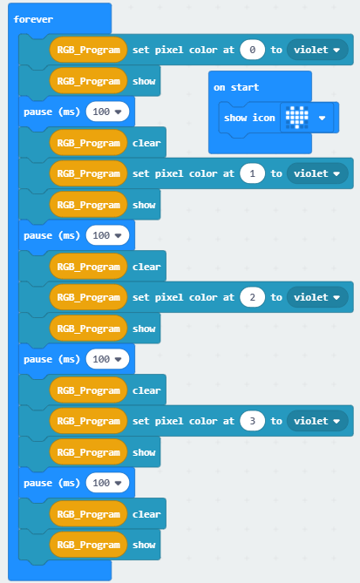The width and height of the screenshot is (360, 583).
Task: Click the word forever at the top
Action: point(33,19)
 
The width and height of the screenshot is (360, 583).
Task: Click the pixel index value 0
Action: point(252,50)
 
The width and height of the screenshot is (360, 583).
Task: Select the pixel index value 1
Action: point(252,173)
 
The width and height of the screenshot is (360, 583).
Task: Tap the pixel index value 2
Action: point(252,297)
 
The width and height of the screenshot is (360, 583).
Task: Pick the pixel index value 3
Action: point(252,421)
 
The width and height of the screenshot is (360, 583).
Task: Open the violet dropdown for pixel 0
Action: point(317,50)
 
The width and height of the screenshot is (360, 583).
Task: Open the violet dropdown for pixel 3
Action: point(317,421)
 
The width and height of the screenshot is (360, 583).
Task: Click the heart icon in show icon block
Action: point(296,118)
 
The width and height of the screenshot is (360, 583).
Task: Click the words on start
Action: point(236,87)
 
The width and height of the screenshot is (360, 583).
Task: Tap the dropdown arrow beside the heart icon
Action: point(322,118)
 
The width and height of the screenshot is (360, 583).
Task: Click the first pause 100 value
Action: point(107,112)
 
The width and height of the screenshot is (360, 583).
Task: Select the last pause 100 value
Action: point(107,483)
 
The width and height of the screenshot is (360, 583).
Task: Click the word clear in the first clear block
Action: point(146,143)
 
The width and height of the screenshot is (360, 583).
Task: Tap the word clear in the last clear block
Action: point(146,514)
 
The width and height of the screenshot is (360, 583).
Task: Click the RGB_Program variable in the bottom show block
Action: point(89,545)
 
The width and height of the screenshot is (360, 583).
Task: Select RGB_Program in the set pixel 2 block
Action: point(89,297)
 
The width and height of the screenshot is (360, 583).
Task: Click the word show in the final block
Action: point(144,545)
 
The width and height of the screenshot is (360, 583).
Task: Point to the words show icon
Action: point(249,118)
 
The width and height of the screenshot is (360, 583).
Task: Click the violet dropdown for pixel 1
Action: point(317,173)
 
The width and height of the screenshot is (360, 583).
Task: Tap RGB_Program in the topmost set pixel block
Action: point(89,50)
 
